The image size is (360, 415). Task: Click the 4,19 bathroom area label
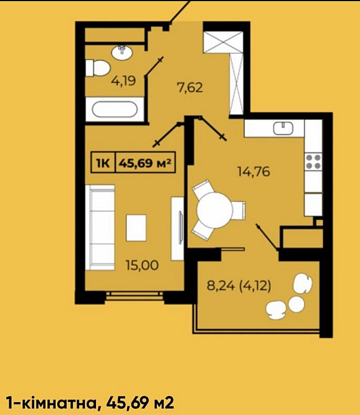click(x=123, y=81)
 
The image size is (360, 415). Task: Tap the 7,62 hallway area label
click(x=190, y=87)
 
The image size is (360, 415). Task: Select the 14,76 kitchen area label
click(x=253, y=172)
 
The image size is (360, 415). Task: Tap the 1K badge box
click(x=103, y=164)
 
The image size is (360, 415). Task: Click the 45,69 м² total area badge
click(x=145, y=164)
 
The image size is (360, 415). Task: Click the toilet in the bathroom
click(x=98, y=68)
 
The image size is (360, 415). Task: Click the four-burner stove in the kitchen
click(x=313, y=162)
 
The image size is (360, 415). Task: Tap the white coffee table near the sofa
click(x=138, y=227)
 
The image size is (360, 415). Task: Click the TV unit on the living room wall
click(x=180, y=228)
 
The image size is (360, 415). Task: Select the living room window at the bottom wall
click(x=134, y=295)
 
